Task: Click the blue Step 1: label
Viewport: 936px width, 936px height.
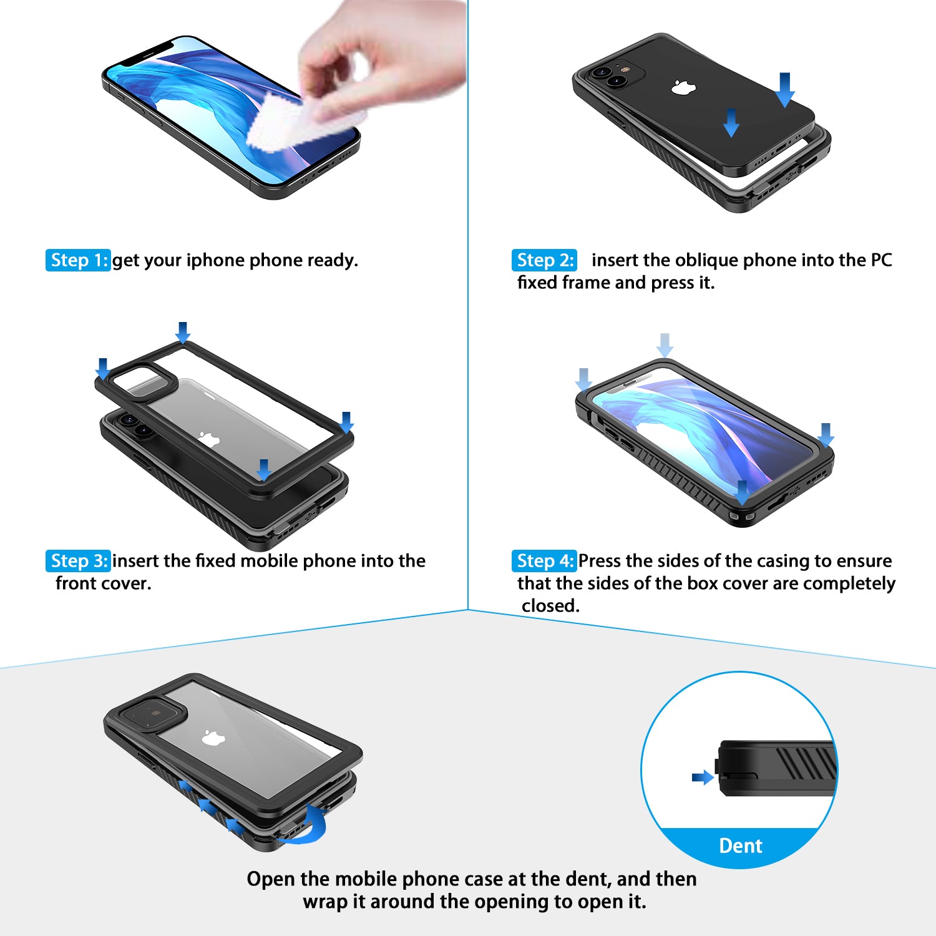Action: (x=78, y=260)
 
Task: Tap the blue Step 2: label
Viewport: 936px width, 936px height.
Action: (x=544, y=260)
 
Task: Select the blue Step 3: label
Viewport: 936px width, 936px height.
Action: (x=78, y=561)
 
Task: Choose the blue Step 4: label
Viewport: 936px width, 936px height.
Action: (x=544, y=561)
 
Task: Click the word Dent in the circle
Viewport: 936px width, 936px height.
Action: (x=740, y=846)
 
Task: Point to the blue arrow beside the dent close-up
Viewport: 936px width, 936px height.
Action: (x=703, y=778)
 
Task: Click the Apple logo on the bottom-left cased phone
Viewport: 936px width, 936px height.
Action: (x=213, y=738)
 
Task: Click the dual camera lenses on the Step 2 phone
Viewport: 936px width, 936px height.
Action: (x=609, y=76)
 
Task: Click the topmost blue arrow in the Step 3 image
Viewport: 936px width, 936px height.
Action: (x=182, y=332)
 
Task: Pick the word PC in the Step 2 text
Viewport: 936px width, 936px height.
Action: (x=881, y=260)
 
